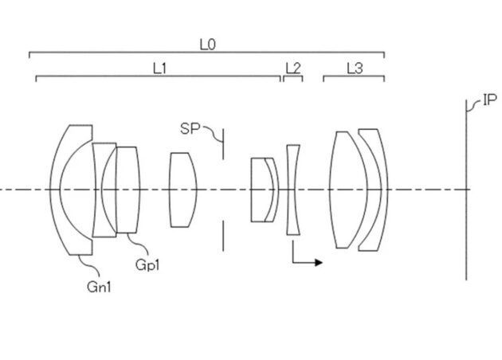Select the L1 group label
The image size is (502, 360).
coord(159,68)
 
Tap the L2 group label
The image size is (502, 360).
coord(293,68)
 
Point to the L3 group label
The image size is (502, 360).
coord(355,68)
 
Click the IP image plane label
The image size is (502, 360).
coord(489,100)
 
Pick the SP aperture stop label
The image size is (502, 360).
coord(190,129)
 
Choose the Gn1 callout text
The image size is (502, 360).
coord(99,287)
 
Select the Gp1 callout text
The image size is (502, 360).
coord(147,265)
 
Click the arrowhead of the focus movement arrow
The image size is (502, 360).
coord(319,262)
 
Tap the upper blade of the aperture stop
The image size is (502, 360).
coord(223,144)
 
